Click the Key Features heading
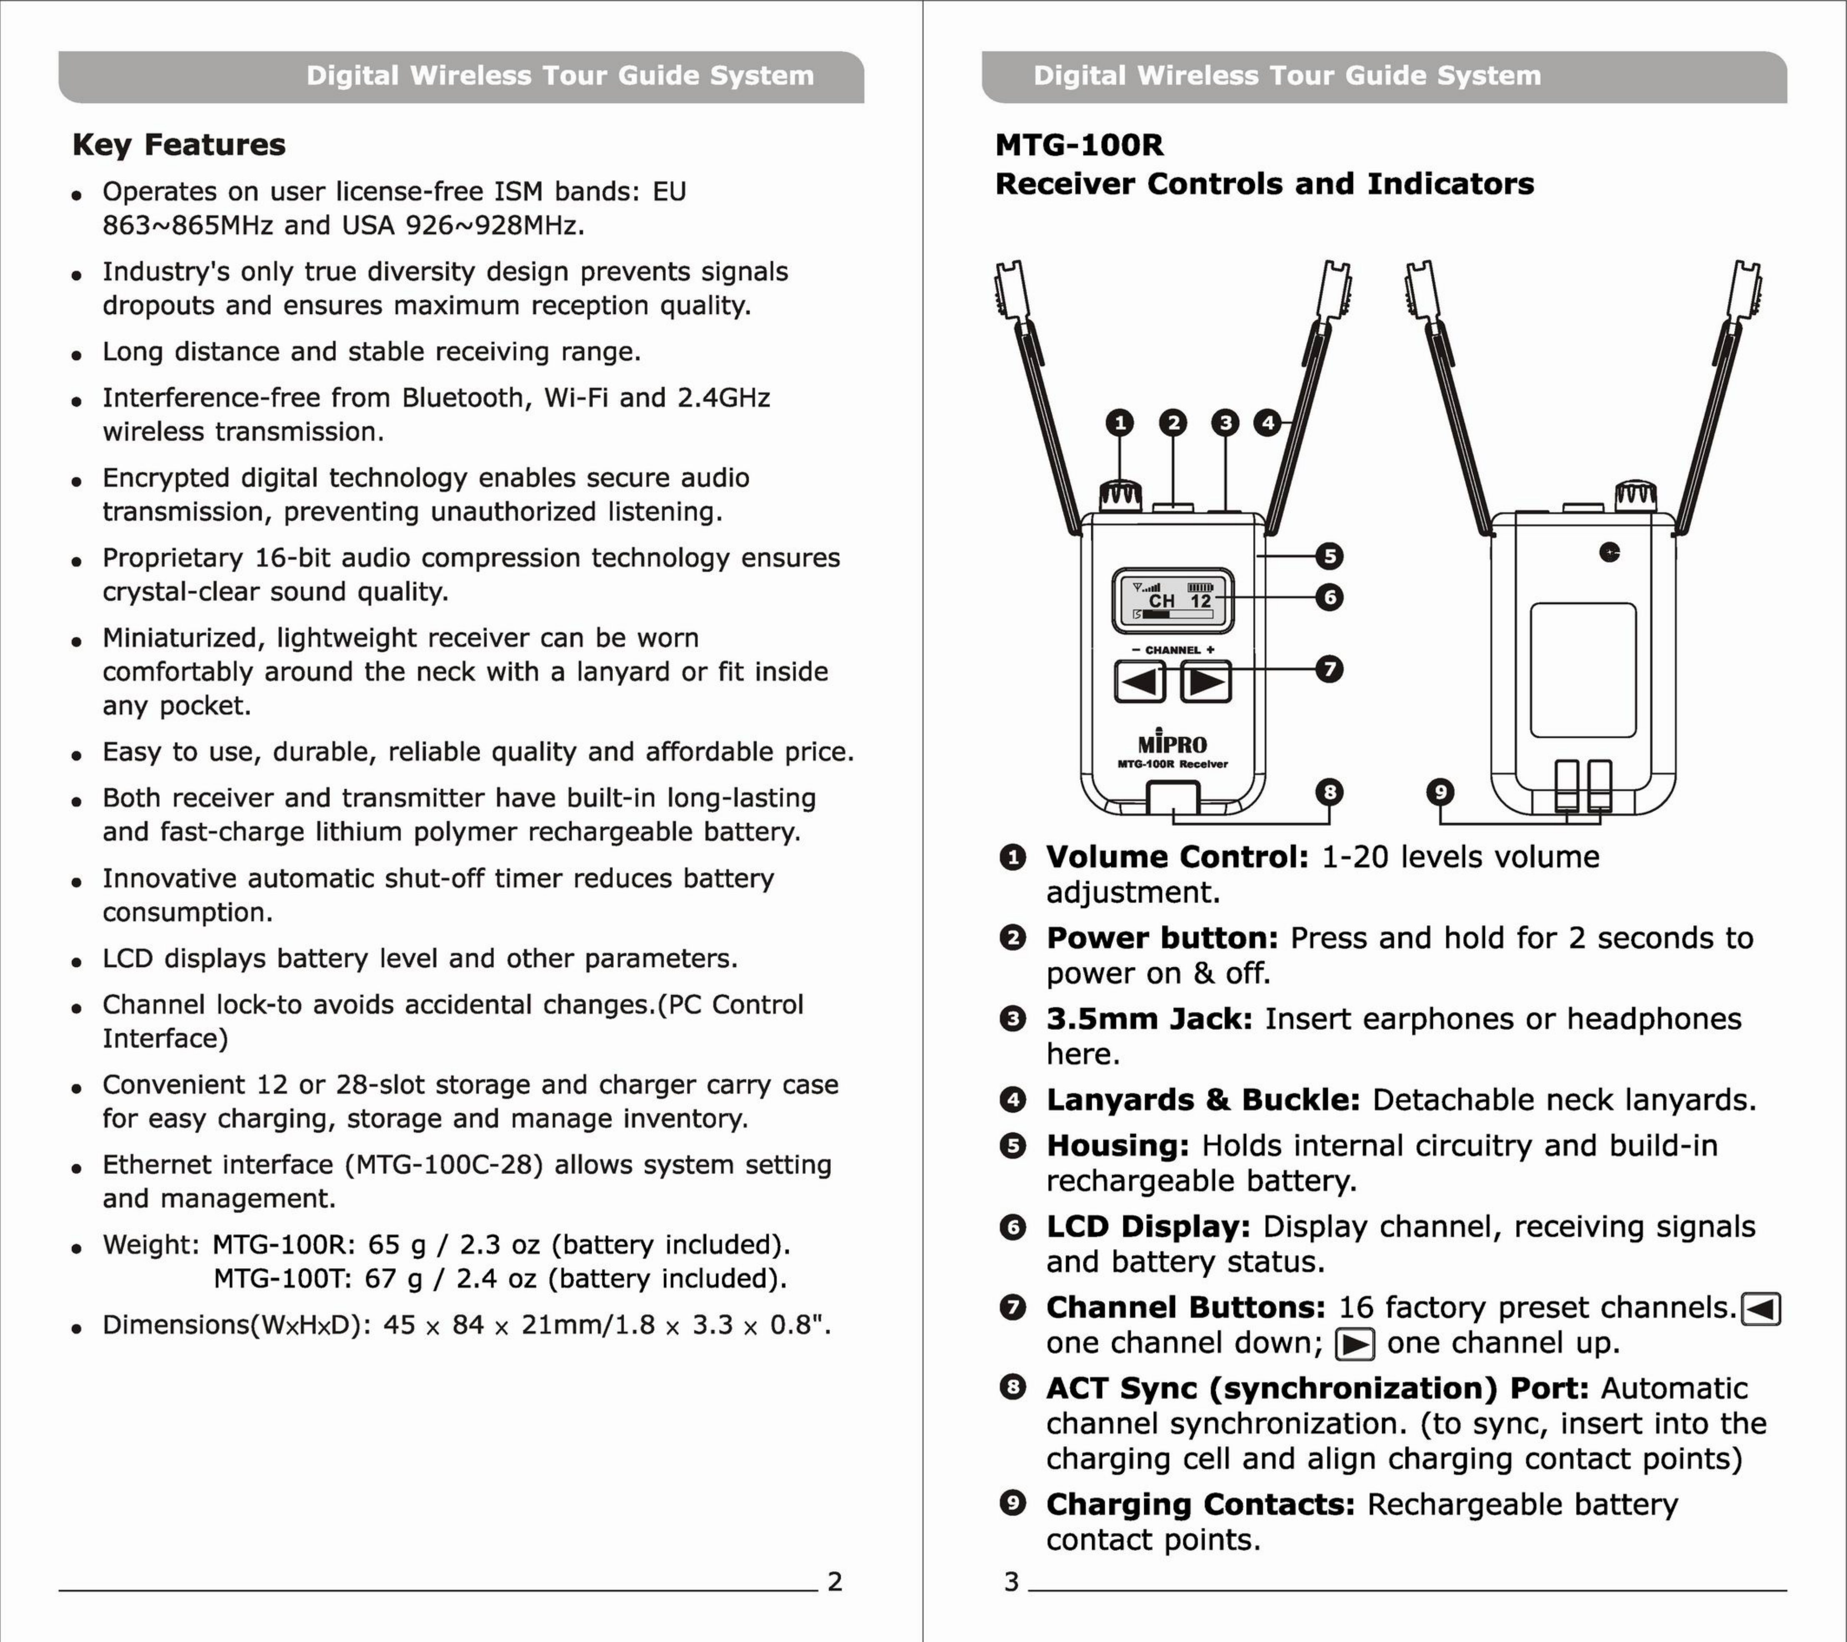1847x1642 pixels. [x=179, y=145]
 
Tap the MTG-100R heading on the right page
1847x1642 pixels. [x=1079, y=145]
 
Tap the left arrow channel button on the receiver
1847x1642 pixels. [x=1140, y=681]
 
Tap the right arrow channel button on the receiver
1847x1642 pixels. [x=1205, y=681]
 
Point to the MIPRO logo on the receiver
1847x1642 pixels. [x=1172, y=743]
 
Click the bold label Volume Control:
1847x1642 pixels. [x=1177, y=857]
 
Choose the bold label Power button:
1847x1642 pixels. [x=1162, y=938]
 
